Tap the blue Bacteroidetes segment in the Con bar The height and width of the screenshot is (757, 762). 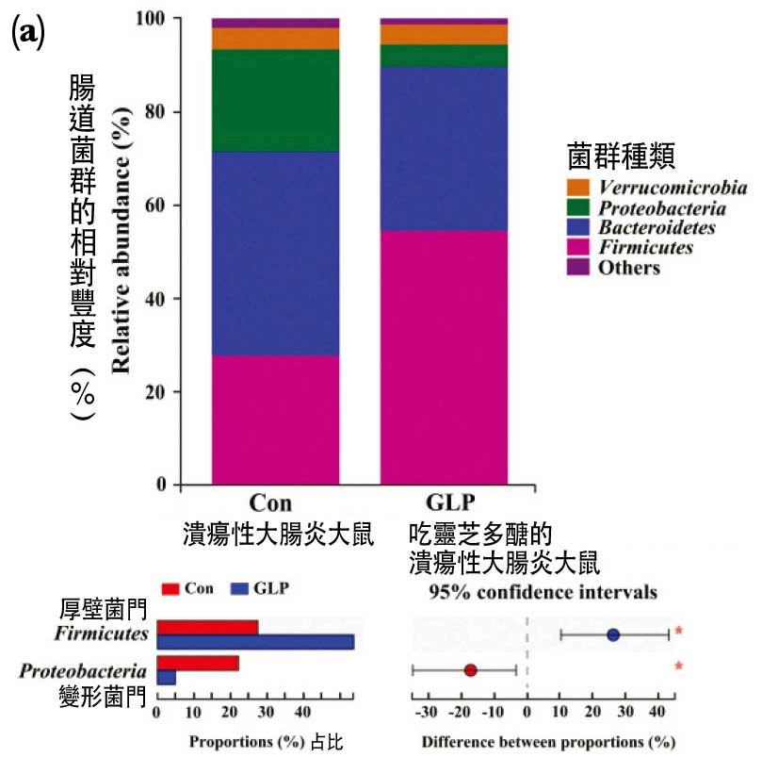click(275, 253)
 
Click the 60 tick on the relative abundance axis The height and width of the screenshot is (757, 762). click(154, 206)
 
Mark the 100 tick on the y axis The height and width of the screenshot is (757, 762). click(151, 19)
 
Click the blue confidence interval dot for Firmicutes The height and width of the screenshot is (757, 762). click(613, 635)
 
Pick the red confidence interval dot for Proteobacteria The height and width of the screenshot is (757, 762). click(471, 671)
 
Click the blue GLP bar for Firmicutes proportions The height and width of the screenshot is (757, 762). click(255, 642)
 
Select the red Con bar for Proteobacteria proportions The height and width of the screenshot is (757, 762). click(198, 663)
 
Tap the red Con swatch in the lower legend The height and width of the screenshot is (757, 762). click(170, 589)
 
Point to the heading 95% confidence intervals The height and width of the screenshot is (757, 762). click(543, 593)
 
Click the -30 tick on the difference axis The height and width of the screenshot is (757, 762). click(426, 710)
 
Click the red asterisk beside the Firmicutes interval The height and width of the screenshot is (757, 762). click(678, 631)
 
